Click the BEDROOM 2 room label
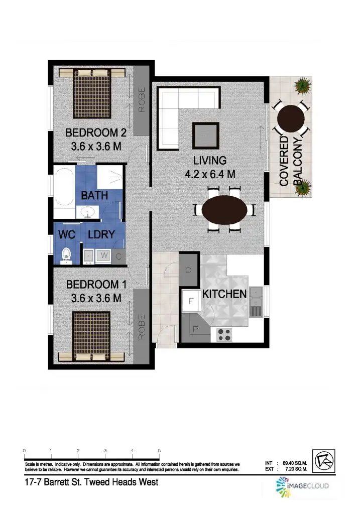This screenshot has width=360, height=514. [95, 134]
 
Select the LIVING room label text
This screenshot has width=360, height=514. [210, 161]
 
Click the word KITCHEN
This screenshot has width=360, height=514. [224, 294]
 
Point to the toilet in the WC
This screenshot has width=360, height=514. [65, 255]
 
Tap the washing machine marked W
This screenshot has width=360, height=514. [104, 255]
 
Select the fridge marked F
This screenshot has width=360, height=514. [191, 301]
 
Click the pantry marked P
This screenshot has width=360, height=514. [195, 329]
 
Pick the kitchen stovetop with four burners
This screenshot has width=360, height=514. [223, 334]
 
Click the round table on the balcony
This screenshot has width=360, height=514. [291, 118]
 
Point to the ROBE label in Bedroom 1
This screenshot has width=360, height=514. [141, 327]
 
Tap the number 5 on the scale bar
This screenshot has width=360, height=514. [159, 451]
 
